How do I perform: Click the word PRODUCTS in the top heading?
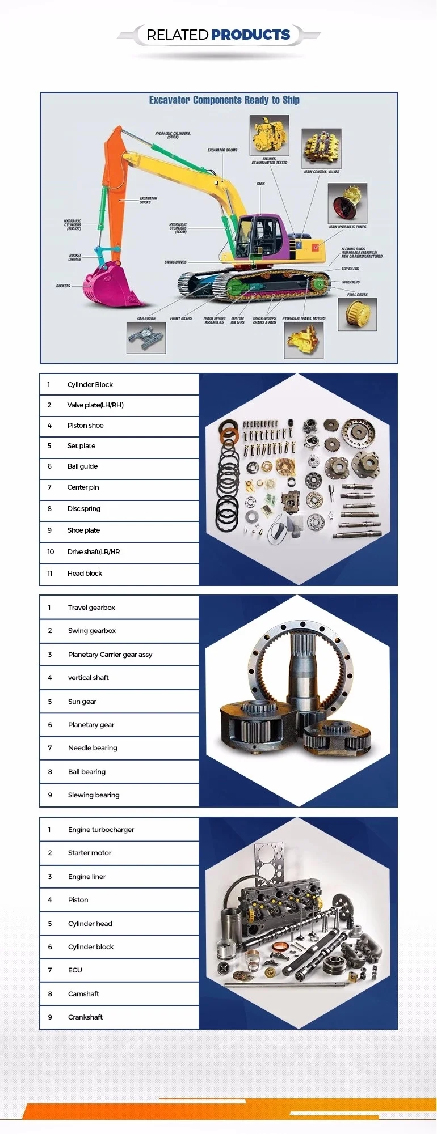coord(250,35)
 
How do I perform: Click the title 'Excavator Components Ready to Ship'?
coord(224,100)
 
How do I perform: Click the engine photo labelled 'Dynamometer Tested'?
coord(269,135)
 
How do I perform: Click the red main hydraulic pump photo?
coord(347,203)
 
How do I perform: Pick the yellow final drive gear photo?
coord(357,313)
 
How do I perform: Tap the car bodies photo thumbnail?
coord(146,338)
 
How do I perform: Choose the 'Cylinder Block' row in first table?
coord(90,385)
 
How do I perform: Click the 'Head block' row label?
coord(85,574)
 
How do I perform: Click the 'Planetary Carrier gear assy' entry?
coord(110,655)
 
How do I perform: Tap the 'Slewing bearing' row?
coord(94,795)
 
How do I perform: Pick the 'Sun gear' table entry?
coord(82,702)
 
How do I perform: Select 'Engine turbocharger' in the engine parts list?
coord(101,830)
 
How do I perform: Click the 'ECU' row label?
coord(75,970)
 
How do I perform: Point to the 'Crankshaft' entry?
coord(85,1017)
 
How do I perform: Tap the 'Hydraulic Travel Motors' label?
coord(304,318)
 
